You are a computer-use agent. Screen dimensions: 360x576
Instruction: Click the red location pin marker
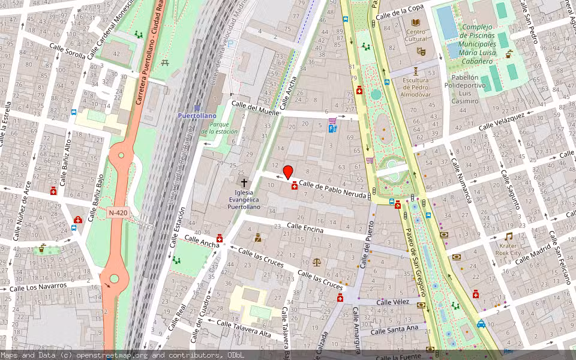pos(288,172)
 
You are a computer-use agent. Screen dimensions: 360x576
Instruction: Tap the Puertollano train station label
pos(196,115)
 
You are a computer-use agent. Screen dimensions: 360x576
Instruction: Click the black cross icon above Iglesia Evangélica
pos(244,182)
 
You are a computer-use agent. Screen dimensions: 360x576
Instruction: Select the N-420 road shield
pos(118,213)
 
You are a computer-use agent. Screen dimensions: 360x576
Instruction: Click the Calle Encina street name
pos(305,228)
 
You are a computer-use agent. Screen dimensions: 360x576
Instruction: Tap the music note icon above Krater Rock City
pos(508,236)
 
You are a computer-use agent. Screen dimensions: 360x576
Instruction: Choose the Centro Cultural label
pos(416,35)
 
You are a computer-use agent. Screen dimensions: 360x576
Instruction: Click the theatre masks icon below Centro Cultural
pos(421,52)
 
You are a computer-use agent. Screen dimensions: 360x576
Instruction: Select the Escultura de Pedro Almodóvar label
pos(416,87)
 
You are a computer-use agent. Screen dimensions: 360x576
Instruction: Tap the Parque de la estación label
pos(219,128)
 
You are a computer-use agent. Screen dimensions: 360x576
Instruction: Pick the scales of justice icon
pos(317,262)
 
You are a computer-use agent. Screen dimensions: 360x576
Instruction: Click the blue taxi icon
pos(481,324)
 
